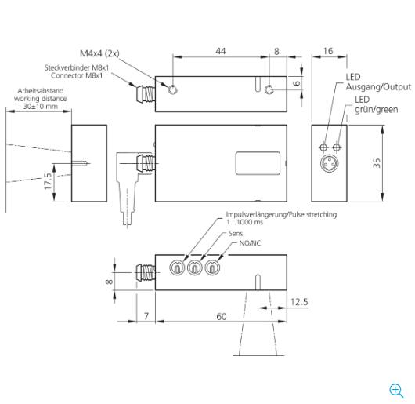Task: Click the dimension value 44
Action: pyautogui.click(x=221, y=51)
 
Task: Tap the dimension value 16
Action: pyautogui.click(x=328, y=51)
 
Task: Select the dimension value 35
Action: pyautogui.click(x=377, y=163)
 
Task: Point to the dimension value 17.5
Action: pyautogui.click(x=48, y=181)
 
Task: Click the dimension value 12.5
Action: pyautogui.click(x=299, y=302)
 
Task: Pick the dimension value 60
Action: pyautogui.click(x=222, y=316)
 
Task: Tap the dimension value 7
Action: pyautogui.click(x=146, y=316)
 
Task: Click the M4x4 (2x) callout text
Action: pyautogui.click(x=99, y=53)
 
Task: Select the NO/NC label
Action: pyautogui.click(x=250, y=243)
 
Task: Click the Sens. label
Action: pyautogui.click(x=236, y=234)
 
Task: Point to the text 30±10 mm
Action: pyautogui.click(x=41, y=107)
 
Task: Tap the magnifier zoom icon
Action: pyautogui.click(x=396, y=391)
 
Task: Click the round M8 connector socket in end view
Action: pyautogui.click(x=330, y=163)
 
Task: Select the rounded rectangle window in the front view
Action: pyautogui.click(x=258, y=163)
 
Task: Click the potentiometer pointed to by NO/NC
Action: pyautogui.click(x=212, y=268)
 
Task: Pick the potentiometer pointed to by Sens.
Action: pyautogui.click(x=195, y=268)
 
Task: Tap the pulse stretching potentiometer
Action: pyautogui.click(x=177, y=268)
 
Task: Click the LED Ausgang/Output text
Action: pyautogui.click(x=378, y=82)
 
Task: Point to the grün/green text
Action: pyautogui.click(x=376, y=110)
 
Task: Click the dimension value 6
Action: pyautogui.click(x=297, y=83)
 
